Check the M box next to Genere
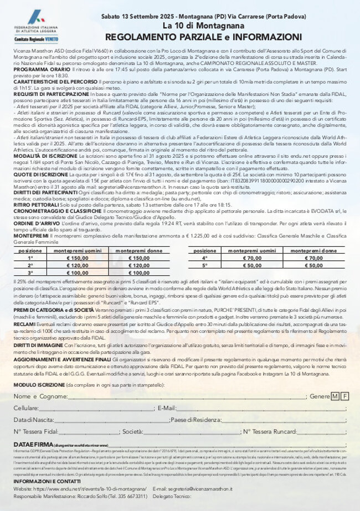(335, 396)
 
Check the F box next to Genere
(344, 396)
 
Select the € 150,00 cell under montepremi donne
(135, 257)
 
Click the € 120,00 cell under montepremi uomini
(78, 265)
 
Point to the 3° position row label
(30, 272)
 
